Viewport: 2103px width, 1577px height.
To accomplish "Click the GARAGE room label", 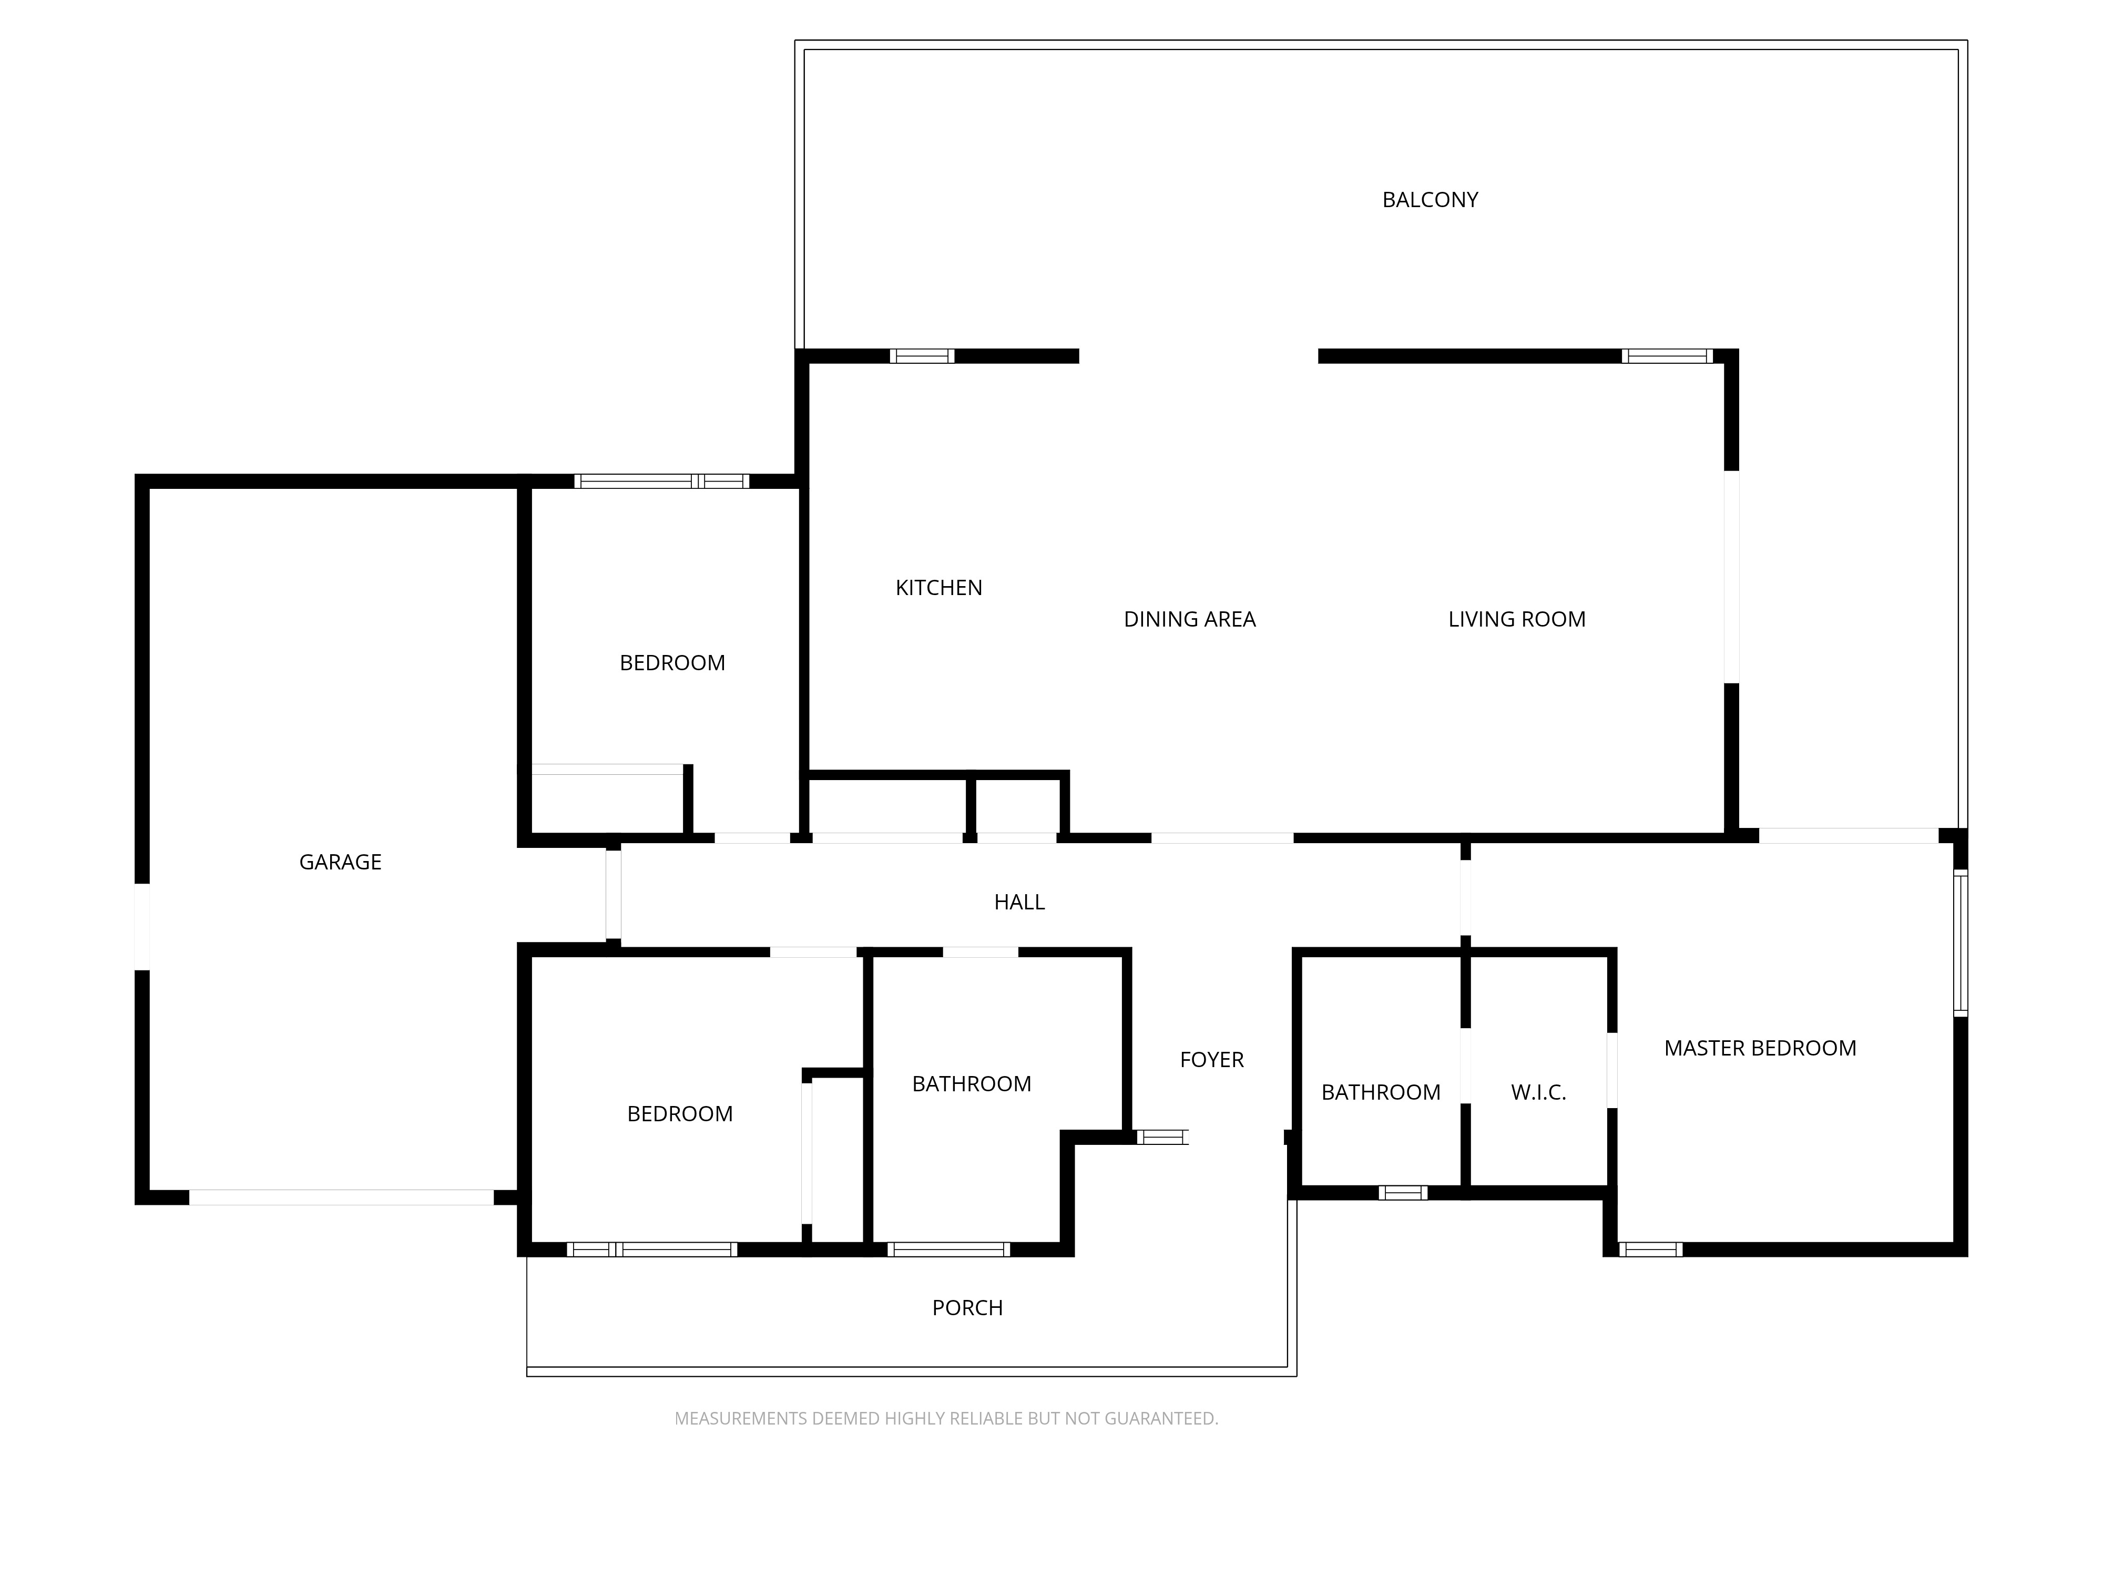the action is pyautogui.click(x=340, y=862).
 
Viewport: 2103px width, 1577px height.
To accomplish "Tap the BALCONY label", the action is pyautogui.click(x=1430, y=200).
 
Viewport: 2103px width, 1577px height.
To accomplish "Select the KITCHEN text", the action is pyautogui.click(x=938, y=588).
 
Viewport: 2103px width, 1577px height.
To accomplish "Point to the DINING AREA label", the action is pyautogui.click(x=1189, y=619).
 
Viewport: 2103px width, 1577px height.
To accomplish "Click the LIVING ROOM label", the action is pyautogui.click(x=1516, y=619).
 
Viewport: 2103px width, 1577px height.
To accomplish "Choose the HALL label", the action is pyautogui.click(x=1019, y=902).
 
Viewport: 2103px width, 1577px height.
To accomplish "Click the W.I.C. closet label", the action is pyautogui.click(x=1538, y=1092).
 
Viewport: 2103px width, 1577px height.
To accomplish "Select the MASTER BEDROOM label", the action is pyautogui.click(x=1760, y=1048).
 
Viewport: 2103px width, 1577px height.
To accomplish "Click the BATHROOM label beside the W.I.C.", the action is pyautogui.click(x=1381, y=1092).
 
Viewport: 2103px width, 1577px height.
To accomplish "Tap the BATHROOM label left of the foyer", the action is pyautogui.click(x=971, y=1083).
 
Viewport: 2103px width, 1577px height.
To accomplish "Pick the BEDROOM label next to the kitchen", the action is pyautogui.click(x=672, y=662).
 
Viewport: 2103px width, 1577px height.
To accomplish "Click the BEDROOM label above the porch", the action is pyautogui.click(x=680, y=1113).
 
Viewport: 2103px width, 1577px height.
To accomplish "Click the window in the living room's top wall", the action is pyautogui.click(x=1667, y=356).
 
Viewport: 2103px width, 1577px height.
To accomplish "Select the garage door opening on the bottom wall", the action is pyautogui.click(x=341, y=1197).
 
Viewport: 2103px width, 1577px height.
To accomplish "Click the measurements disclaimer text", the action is pyautogui.click(x=946, y=1418).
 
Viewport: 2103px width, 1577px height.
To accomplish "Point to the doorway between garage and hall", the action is pyautogui.click(x=613, y=895).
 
